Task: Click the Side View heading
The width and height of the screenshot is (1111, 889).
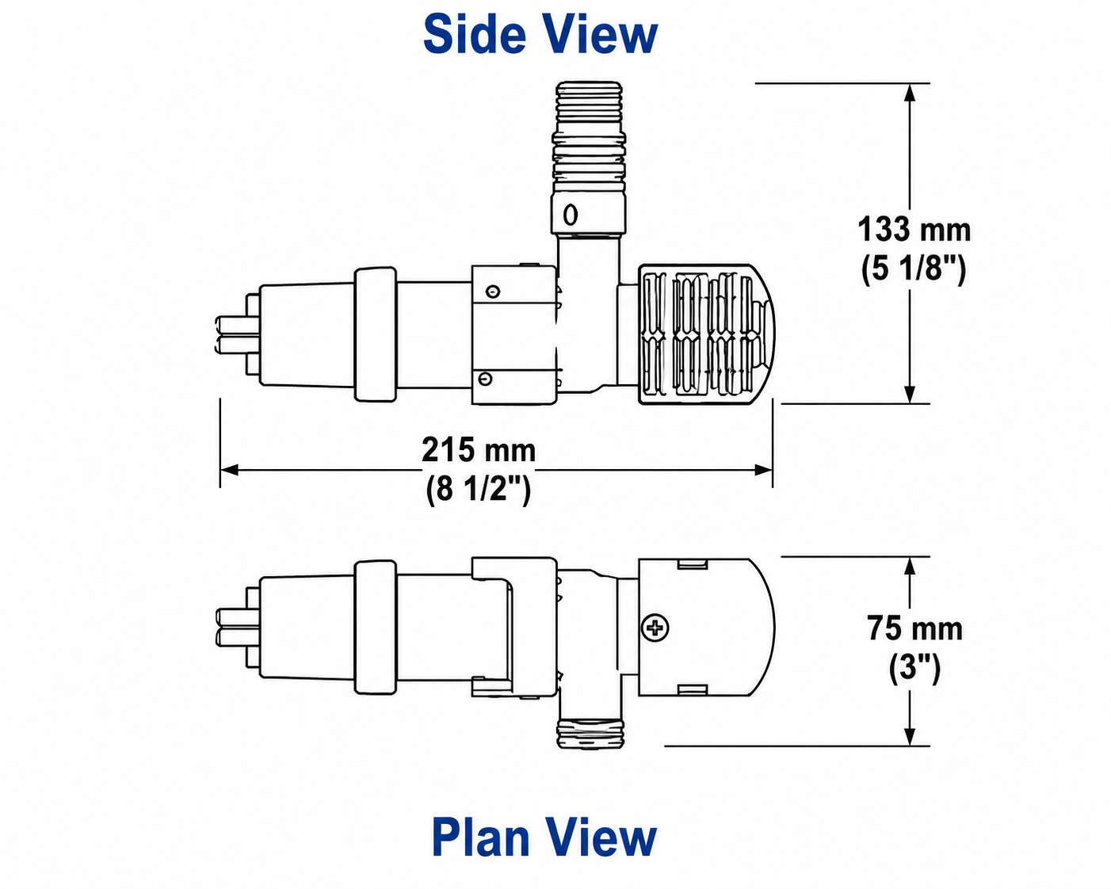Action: (540, 35)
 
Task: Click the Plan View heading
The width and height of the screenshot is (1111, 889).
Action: (544, 837)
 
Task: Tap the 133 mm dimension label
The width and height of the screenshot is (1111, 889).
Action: (914, 229)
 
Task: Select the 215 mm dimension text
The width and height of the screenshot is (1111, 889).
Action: (479, 450)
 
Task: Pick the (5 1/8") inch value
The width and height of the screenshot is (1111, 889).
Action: (913, 269)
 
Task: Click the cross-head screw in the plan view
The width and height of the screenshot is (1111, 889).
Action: (655, 628)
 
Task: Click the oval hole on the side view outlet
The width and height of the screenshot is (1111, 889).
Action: (571, 215)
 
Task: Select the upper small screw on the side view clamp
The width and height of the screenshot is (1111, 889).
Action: (494, 292)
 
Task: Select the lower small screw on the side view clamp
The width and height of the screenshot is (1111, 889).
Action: (485, 379)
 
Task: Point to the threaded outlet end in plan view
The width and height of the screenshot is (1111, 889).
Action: (591, 734)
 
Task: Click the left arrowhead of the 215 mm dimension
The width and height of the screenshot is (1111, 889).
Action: (229, 470)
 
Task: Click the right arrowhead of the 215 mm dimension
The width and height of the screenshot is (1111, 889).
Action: (764, 470)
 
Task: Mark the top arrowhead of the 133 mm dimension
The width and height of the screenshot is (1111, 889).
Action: (910, 93)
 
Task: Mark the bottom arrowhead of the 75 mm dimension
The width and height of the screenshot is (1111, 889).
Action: (910, 736)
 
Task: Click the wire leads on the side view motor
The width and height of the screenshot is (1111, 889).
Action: (238, 334)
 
